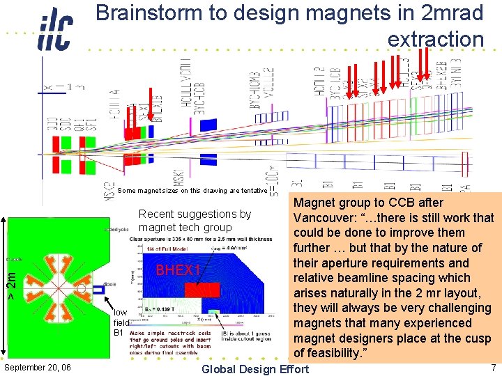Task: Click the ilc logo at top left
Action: click(x=55, y=29)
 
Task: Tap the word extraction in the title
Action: click(x=435, y=40)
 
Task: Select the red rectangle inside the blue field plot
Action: click(x=207, y=290)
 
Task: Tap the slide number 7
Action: click(x=493, y=367)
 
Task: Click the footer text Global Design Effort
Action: click(x=255, y=368)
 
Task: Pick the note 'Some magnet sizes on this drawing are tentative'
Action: click(x=192, y=190)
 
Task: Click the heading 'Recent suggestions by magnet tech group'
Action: click(x=195, y=221)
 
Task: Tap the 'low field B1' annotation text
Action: click(x=121, y=322)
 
